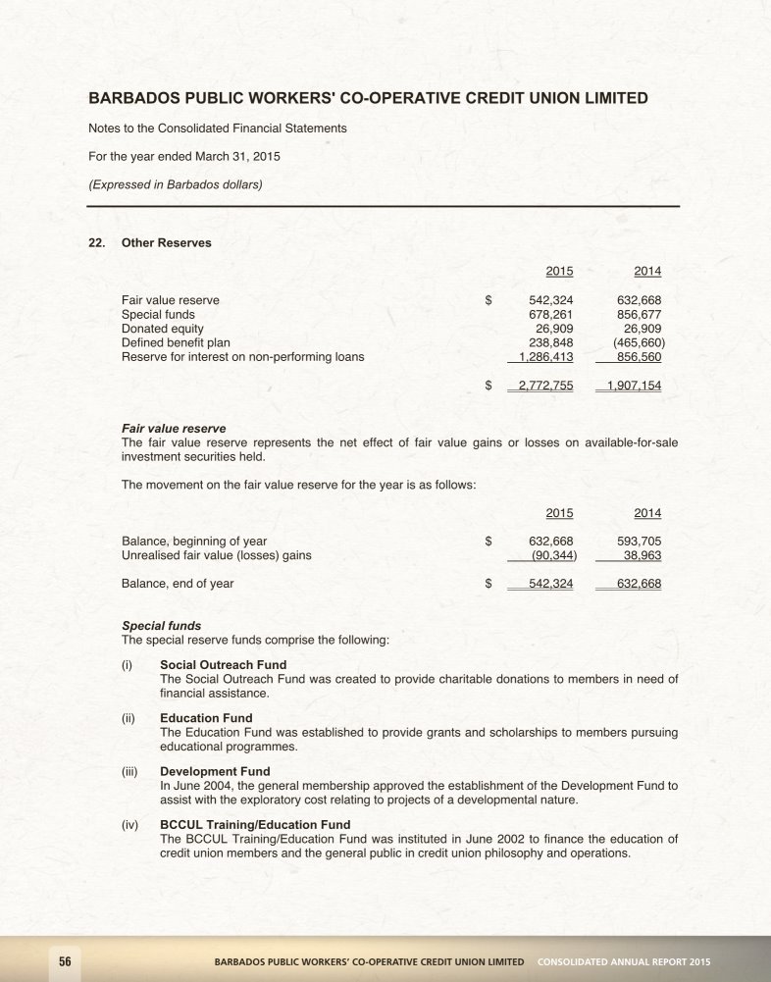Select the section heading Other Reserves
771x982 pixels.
click(x=166, y=242)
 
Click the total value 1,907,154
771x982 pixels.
click(x=634, y=386)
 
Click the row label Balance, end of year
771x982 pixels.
click(x=178, y=584)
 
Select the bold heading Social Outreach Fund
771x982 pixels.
click(x=223, y=665)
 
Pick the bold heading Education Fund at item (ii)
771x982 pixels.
click(x=206, y=718)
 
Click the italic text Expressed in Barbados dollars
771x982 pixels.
click(x=176, y=183)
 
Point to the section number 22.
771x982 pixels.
click(x=96, y=242)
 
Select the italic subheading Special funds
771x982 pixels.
click(x=161, y=625)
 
